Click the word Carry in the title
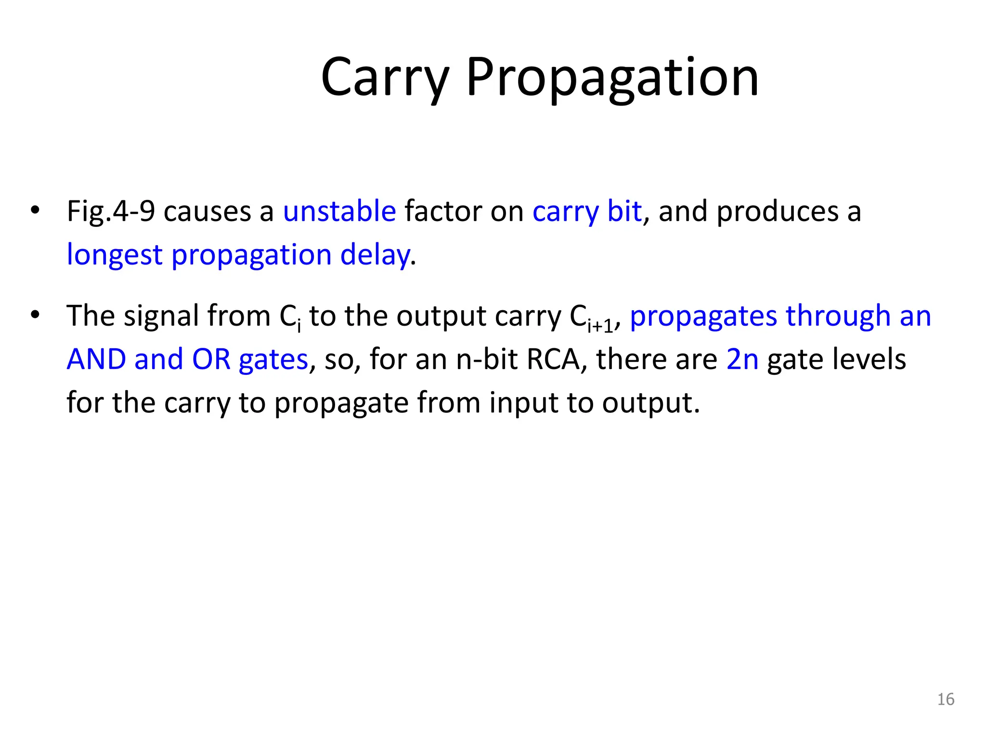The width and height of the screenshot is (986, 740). [x=385, y=77]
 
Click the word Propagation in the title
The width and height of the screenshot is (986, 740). [x=612, y=77]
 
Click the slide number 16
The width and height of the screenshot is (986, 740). [x=946, y=700]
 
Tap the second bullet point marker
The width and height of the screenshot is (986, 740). [x=34, y=315]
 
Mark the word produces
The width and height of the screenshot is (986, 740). [x=778, y=212]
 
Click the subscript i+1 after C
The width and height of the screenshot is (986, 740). [x=600, y=326]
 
